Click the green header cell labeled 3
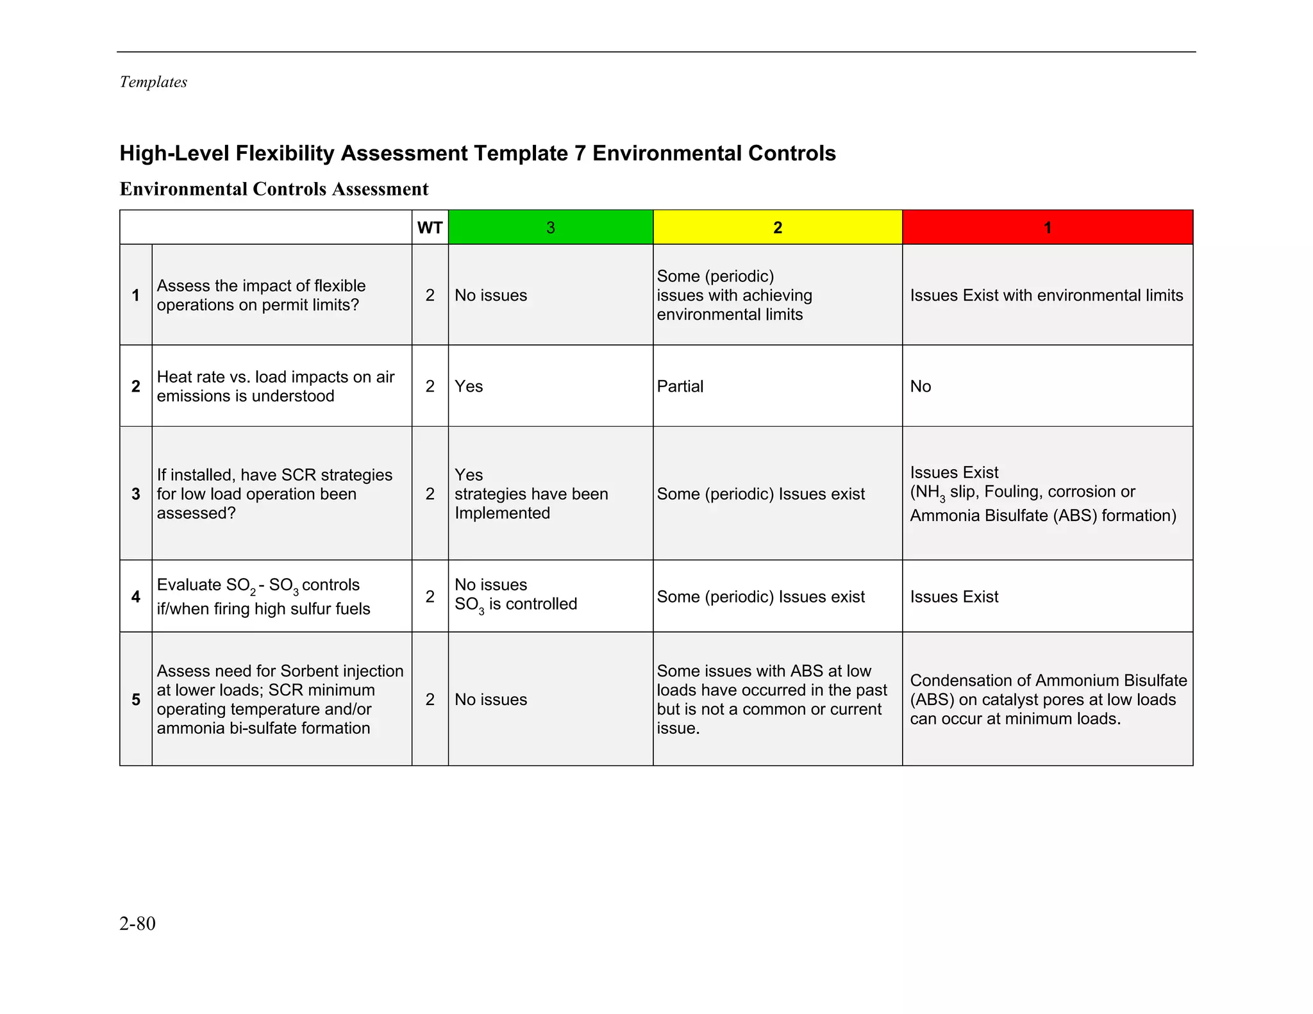(550, 228)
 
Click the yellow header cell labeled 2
(777, 228)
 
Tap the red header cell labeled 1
(1047, 228)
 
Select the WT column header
(430, 228)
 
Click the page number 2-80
(137, 924)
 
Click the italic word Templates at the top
(153, 82)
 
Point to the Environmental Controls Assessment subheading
(274, 189)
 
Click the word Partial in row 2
(680, 386)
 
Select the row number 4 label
(136, 597)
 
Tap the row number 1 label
(136, 295)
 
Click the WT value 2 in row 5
(430, 699)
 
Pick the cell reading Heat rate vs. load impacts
(276, 386)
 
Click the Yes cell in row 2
(469, 386)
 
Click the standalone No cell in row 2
(920, 386)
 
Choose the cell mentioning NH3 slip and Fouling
(1042, 494)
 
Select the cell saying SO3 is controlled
(515, 597)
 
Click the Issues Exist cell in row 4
(954, 597)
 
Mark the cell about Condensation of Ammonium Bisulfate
(1048, 699)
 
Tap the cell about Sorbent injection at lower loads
(280, 699)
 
